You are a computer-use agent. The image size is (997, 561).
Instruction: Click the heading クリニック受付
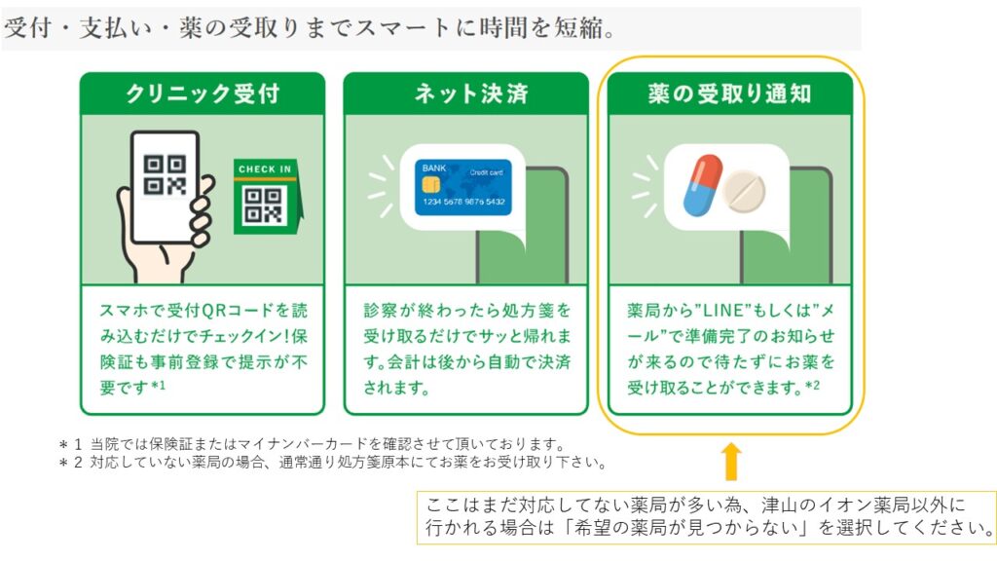pos(202,93)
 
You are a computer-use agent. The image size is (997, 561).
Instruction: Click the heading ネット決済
pos(465,93)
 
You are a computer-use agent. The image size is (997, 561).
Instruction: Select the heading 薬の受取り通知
pos(730,93)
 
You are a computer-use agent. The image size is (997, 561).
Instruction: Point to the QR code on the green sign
pos(264,205)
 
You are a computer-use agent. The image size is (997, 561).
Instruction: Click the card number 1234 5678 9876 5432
pos(462,202)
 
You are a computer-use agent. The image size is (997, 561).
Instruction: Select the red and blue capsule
pos(702,185)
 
